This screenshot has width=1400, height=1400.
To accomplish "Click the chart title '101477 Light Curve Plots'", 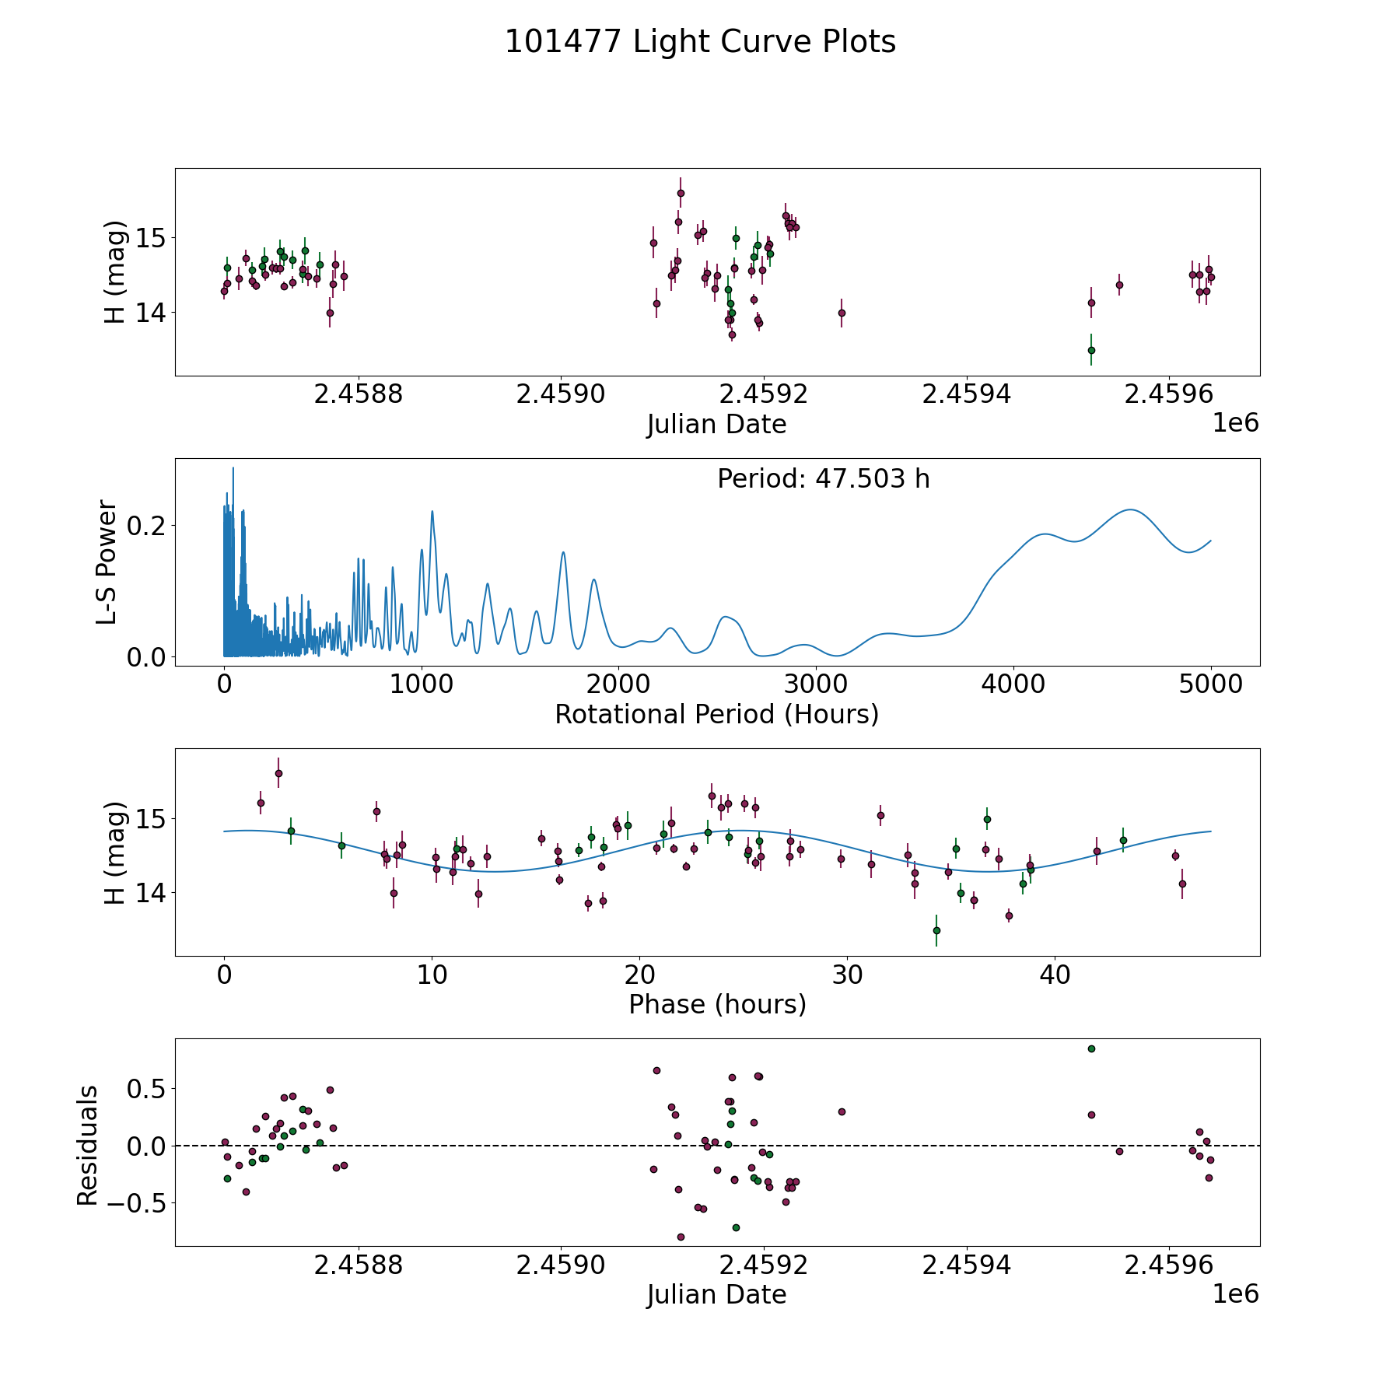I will coord(700,42).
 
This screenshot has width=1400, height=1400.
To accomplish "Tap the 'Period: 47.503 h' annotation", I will coord(823,479).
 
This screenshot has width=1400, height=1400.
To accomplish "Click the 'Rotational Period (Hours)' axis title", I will coord(716,714).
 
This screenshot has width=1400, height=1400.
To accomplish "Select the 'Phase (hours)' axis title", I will coord(717,1004).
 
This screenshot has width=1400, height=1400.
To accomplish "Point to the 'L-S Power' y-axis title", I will coord(107,562).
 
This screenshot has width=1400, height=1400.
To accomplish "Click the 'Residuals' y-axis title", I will coord(88,1145).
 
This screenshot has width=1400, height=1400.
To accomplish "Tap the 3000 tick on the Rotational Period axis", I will coord(816,684).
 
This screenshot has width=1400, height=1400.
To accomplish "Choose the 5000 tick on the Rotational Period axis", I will coord(1210,684).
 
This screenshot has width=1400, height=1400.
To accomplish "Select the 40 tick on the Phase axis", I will coord(1055,975).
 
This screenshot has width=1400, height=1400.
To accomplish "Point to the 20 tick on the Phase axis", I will coord(639,975).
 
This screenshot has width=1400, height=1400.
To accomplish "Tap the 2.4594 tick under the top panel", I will coord(967,394).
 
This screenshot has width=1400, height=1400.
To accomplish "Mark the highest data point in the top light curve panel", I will coord(681,193).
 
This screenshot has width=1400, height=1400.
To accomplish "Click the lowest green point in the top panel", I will coord(1091,350).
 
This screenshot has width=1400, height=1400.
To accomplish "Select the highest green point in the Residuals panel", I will coord(1091,1048).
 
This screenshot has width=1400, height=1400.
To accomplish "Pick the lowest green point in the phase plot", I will coord(936,930).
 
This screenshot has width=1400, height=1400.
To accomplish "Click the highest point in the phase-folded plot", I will coord(278,773).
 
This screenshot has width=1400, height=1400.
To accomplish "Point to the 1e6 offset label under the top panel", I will coord(1235,423).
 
